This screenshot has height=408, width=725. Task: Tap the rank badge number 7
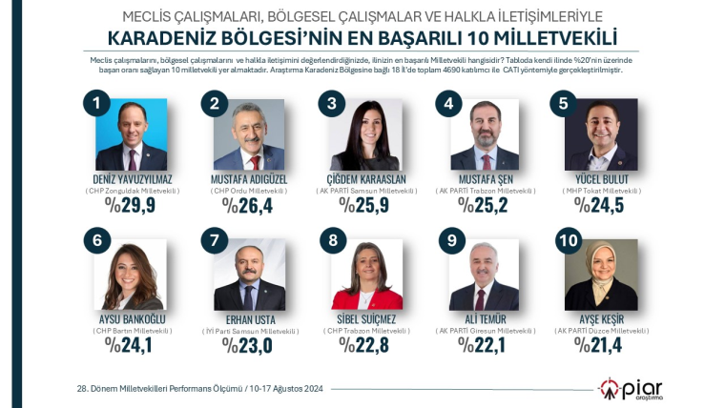point(215,242)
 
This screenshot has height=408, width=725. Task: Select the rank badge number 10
point(568,242)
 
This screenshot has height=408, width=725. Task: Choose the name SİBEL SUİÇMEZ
point(365,320)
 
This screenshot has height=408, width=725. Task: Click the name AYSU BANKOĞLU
point(132,320)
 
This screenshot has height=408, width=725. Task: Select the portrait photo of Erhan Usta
point(249,275)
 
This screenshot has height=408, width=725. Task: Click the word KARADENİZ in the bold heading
point(165,38)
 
